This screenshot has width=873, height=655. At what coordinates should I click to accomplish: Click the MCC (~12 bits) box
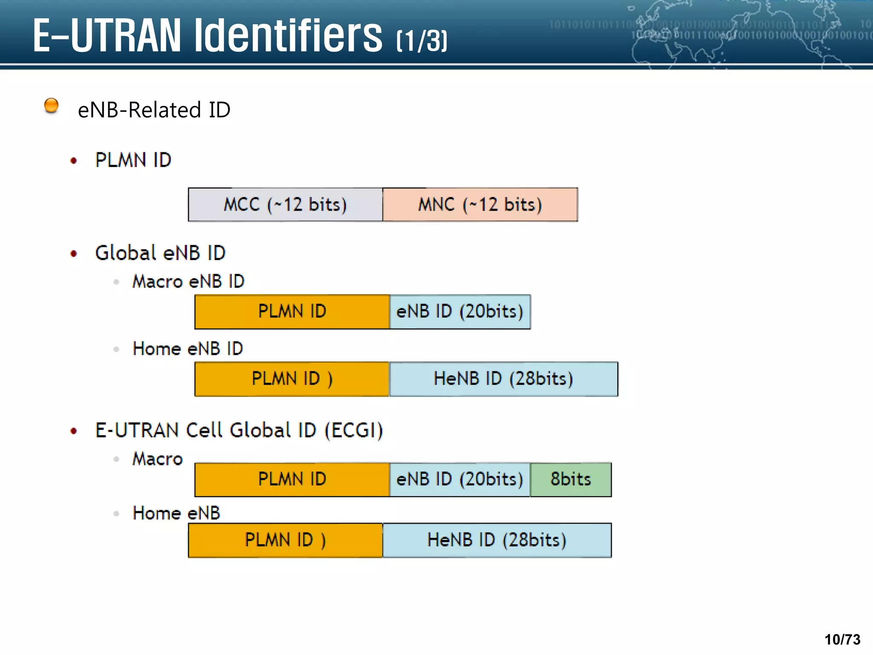tap(285, 205)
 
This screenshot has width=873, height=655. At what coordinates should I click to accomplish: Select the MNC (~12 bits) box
tap(480, 205)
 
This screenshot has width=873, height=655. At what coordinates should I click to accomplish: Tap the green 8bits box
tap(571, 479)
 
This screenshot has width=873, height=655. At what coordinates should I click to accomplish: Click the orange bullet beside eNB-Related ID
tap(52, 105)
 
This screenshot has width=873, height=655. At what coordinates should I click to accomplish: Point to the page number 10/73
tap(842, 640)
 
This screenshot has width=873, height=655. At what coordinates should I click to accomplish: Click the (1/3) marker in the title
tap(422, 41)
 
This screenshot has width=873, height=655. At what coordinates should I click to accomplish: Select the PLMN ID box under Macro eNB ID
tap(292, 311)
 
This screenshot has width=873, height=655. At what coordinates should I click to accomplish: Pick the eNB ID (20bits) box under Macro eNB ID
tap(460, 311)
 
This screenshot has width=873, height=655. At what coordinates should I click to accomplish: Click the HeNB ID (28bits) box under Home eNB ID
tap(503, 379)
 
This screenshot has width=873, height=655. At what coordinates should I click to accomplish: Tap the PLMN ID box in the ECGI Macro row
tap(292, 479)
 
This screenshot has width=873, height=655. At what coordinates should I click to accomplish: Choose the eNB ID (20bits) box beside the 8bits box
tap(460, 479)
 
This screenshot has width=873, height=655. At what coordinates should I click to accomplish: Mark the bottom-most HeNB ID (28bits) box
tap(497, 540)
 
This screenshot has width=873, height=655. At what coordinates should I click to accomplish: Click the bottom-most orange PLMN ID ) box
tap(285, 540)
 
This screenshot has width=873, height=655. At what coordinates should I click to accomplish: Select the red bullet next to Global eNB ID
tap(74, 254)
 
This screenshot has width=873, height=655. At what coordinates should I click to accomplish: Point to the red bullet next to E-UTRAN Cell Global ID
tap(74, 431)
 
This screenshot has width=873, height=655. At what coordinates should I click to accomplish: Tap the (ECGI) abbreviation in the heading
tap(354, 430)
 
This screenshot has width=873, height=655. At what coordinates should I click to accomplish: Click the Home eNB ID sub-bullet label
tap(188, 349)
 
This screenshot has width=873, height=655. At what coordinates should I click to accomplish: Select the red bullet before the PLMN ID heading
tap(74, 161)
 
